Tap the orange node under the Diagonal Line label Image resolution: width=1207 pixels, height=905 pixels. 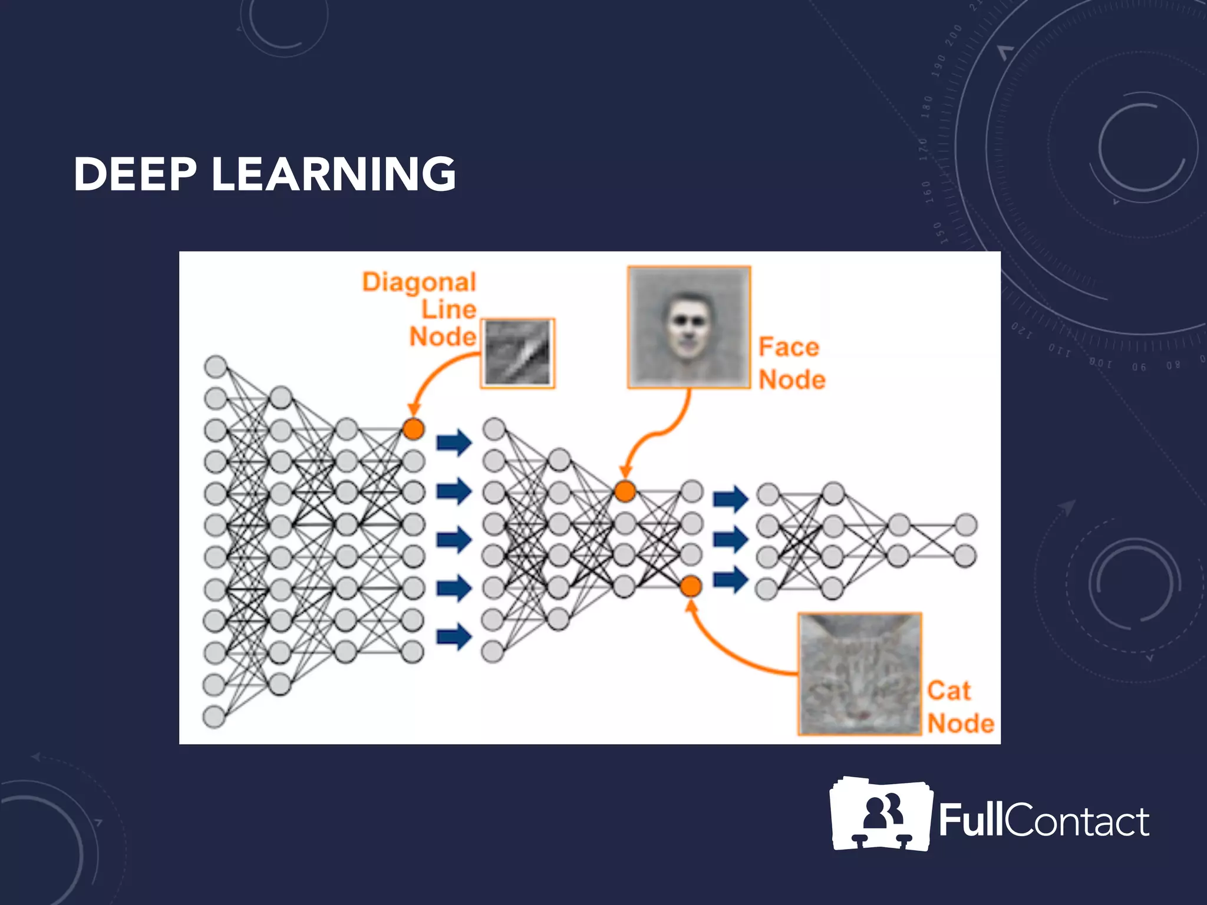(413, 428)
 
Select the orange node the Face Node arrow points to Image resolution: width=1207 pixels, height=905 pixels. (625, 491)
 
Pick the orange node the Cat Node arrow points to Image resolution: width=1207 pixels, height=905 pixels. (691, 586)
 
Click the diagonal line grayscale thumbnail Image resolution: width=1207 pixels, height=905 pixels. (517, 353)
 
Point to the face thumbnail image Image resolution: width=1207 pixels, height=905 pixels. (688, 327)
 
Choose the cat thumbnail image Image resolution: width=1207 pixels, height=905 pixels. (859, 673)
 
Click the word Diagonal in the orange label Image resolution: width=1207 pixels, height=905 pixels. (419, 282)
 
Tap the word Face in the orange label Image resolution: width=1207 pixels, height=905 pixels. (789, 347)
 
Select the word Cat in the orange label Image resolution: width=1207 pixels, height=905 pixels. (948, 691)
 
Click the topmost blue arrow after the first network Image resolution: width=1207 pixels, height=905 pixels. (454, 442)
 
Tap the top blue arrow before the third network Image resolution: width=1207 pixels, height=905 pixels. (730, 499)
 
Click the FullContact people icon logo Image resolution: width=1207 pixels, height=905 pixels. (880, 814)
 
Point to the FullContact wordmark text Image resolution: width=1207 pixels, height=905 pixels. (1043, 820)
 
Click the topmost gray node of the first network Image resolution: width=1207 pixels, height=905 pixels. (216, 366)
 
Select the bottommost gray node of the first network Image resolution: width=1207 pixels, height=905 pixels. (214, 717)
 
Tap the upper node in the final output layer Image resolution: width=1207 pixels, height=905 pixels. (966, 524)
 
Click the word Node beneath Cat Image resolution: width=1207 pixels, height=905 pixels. (961, 723)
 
